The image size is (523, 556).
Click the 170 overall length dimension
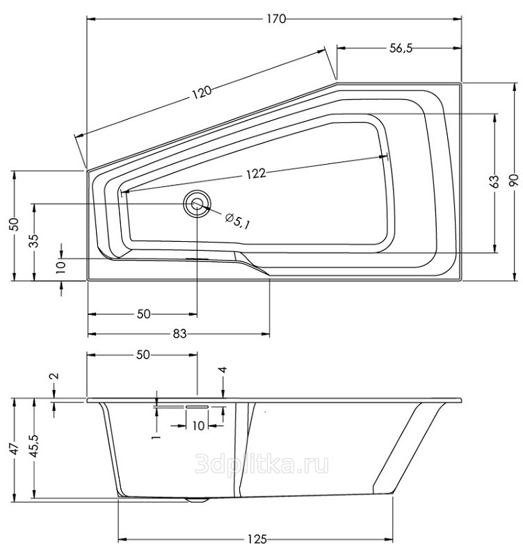[x=276, y=19]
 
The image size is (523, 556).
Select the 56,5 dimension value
[x=401, y=48]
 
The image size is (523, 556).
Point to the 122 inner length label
[x=255, y=174]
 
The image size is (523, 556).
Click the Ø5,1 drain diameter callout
[x=237, y=220]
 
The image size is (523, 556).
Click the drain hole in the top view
[x=197, y=204]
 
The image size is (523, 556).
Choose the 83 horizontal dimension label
[x=179, y=334]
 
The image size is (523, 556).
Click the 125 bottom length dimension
[x=256, y=539]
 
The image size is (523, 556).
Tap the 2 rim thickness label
[x=55, y=376]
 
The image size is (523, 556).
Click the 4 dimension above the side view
[x=223, y=370]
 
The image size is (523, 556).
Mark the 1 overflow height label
[x=156, y=437]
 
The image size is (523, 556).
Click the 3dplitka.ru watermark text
[x=262, y=464]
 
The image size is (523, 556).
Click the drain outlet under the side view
[x=197, y=500]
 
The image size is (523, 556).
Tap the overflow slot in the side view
[x=197, y=407]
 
